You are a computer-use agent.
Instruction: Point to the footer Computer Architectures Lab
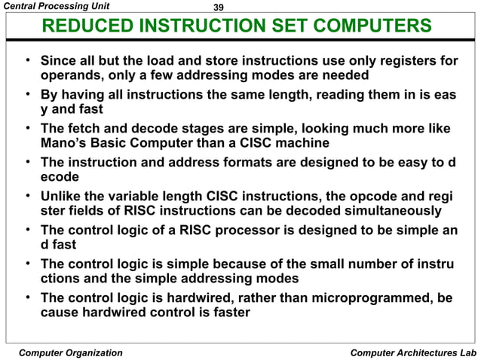point(414,352)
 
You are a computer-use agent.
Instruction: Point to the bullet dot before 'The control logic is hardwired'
point(27,297)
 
